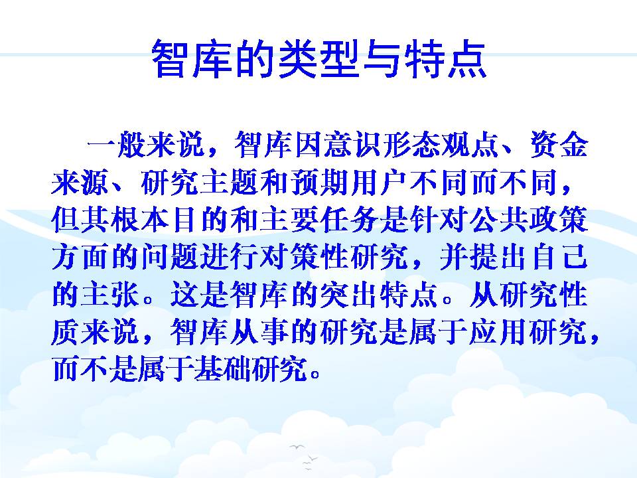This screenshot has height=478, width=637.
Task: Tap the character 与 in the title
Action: coord(381,59)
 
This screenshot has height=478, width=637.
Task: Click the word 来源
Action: coord(80,183)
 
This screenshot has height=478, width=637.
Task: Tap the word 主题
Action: coord(230,183)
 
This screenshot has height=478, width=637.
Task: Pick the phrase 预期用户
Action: coord(348,183)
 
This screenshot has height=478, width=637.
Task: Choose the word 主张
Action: coord(110,294)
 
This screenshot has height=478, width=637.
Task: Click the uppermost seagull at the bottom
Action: coord(297,447)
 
